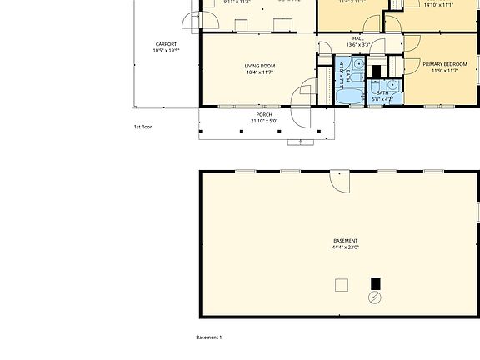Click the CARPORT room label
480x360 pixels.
tap(165, 44)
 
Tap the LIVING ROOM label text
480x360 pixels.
tap(260, 66)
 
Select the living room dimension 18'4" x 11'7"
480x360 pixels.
tap(260, 72)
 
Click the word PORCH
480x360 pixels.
tap(264, 114)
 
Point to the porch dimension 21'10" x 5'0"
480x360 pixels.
tap(264, 121)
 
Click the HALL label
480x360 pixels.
tap(358, 38)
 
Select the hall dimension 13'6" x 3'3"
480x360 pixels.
tap(358, 45)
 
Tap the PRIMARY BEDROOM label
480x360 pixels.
tap(444, 64)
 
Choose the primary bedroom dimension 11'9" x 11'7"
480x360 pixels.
tap(444, 71)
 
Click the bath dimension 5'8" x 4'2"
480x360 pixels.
tap(382, 99)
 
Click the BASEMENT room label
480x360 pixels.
tap(346, 241)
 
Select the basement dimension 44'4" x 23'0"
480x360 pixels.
tap(346, 247)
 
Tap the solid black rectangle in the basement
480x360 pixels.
tap(375, 283)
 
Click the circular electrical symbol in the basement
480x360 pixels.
tap(375, 297)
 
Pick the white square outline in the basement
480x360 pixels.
tap(342, 285)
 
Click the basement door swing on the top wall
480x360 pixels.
tap(339, 181)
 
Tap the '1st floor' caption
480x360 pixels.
tap(142, 127)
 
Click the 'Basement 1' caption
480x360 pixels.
tap(208, 337)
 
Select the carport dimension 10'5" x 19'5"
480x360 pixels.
tap(165, 51)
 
